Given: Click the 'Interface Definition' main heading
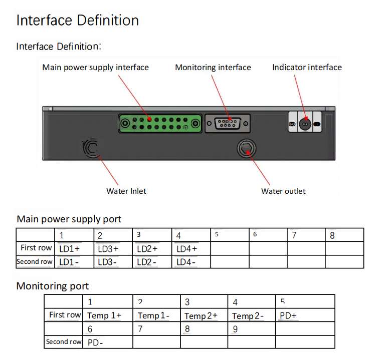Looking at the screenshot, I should click(78, 21).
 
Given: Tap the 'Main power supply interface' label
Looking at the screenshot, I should click(95, 67).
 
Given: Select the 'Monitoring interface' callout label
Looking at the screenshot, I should click(213, 67).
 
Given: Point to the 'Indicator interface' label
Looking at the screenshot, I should click(307, 67).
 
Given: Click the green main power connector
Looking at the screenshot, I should click(160, 123).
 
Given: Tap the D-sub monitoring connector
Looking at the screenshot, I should click(228, 123).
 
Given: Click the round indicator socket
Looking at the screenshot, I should click(305, 123).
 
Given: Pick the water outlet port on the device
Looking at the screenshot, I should click(246, 148).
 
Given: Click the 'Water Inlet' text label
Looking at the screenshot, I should click(126, 191).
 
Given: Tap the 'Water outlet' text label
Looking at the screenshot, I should click(283, 191).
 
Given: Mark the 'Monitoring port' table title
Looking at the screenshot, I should click(53, 286).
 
